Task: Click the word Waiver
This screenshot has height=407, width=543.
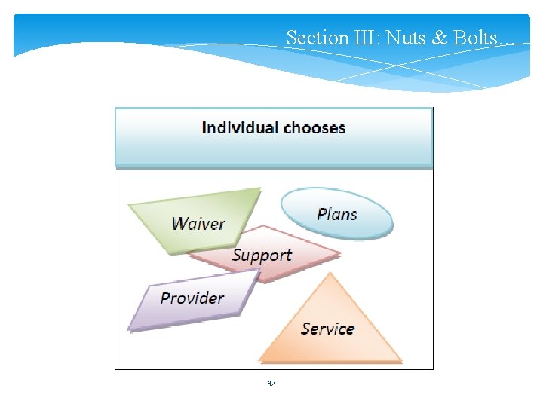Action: [198, 224]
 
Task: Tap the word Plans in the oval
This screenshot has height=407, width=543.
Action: [337, 214]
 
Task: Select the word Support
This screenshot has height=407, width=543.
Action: [262, 255]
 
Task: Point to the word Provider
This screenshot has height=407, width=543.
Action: [192, 298]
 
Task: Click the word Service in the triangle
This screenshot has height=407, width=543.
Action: [327, 329]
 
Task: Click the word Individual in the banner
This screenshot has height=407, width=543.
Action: [239, 127]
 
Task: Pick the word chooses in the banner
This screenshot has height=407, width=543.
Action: [314, 127]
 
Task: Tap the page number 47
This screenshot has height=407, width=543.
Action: [271, 383]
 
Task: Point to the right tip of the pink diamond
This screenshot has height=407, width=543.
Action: [339, 252]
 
